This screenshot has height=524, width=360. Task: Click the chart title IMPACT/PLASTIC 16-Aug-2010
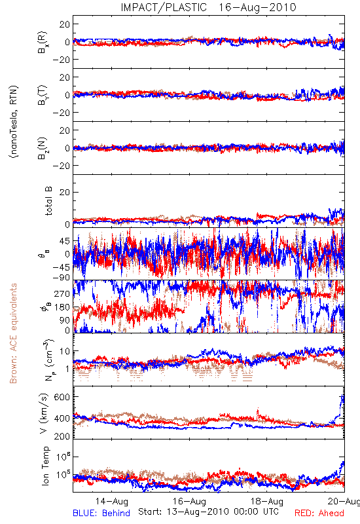[208, 7]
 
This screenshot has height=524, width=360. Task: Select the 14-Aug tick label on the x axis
[112, 501]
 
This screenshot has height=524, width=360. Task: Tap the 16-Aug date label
[190, 501]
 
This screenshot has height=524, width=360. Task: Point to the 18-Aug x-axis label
[267, 501]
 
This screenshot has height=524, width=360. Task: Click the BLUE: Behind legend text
[101, 514]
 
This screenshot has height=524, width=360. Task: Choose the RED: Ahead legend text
[319, 514]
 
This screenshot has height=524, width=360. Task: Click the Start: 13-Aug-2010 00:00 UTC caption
[208, 512]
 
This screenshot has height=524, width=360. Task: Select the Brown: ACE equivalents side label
[13, 333]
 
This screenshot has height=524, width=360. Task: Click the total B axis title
[48, 201]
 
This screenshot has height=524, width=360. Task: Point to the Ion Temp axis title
[46, 466]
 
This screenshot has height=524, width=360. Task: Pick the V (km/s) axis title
[44, 413]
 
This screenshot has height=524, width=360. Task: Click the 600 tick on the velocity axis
[62, 397]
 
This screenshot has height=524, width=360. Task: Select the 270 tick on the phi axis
[62, 294]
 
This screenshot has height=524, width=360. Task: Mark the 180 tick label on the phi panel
[62, 307]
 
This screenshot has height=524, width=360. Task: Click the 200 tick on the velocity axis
[62, 436]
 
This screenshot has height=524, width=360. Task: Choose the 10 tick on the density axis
[65, 352]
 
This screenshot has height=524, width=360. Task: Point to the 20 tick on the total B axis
[65, 193]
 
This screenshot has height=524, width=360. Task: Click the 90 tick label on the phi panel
[65, 320]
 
